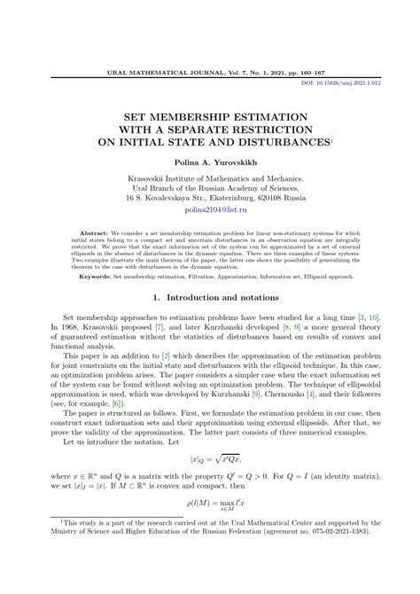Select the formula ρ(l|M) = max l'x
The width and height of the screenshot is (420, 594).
[x=210, y=531]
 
